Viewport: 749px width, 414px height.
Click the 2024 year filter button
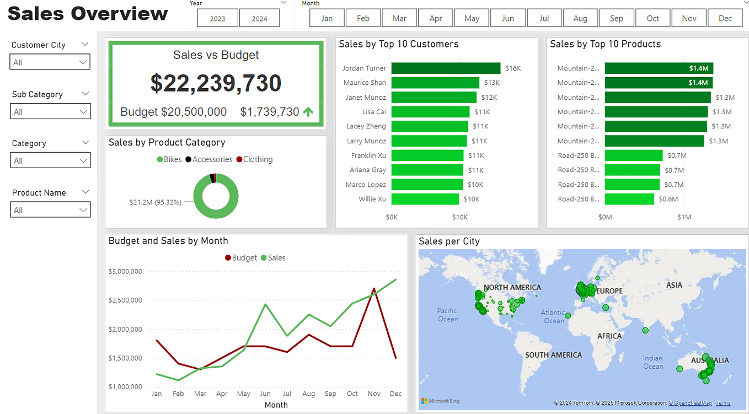[x=259, y=18]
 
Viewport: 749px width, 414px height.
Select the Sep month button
[x=616, y=18]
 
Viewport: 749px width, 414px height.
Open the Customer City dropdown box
[x=50, y=62]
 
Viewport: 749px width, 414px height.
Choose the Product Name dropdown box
[x=50, y=210]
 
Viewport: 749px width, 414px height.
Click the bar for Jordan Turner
[x=446, y=68]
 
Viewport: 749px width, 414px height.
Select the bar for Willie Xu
[x=425, y=199]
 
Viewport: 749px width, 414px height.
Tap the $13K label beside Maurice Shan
[x=492, y=83]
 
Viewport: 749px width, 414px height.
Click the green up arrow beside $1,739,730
[x=308, y=112]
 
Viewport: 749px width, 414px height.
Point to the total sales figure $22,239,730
[x=216, y=83]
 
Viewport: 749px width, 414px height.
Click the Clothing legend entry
[x=254, y=159]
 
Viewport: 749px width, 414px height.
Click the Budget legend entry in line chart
[x=241, y=257]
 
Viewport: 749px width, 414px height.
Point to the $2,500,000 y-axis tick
[x=126, y=300]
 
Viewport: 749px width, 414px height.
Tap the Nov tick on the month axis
[x=374, y=394]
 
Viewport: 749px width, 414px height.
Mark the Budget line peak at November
[x=374, y=288]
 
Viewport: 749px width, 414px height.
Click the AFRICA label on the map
[x=609, y=336]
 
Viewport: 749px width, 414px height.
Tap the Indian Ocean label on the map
[x=653, y=362]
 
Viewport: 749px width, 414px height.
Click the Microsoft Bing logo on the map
[x=440, y=401]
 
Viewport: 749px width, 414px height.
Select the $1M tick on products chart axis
[x=684, y=217]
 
